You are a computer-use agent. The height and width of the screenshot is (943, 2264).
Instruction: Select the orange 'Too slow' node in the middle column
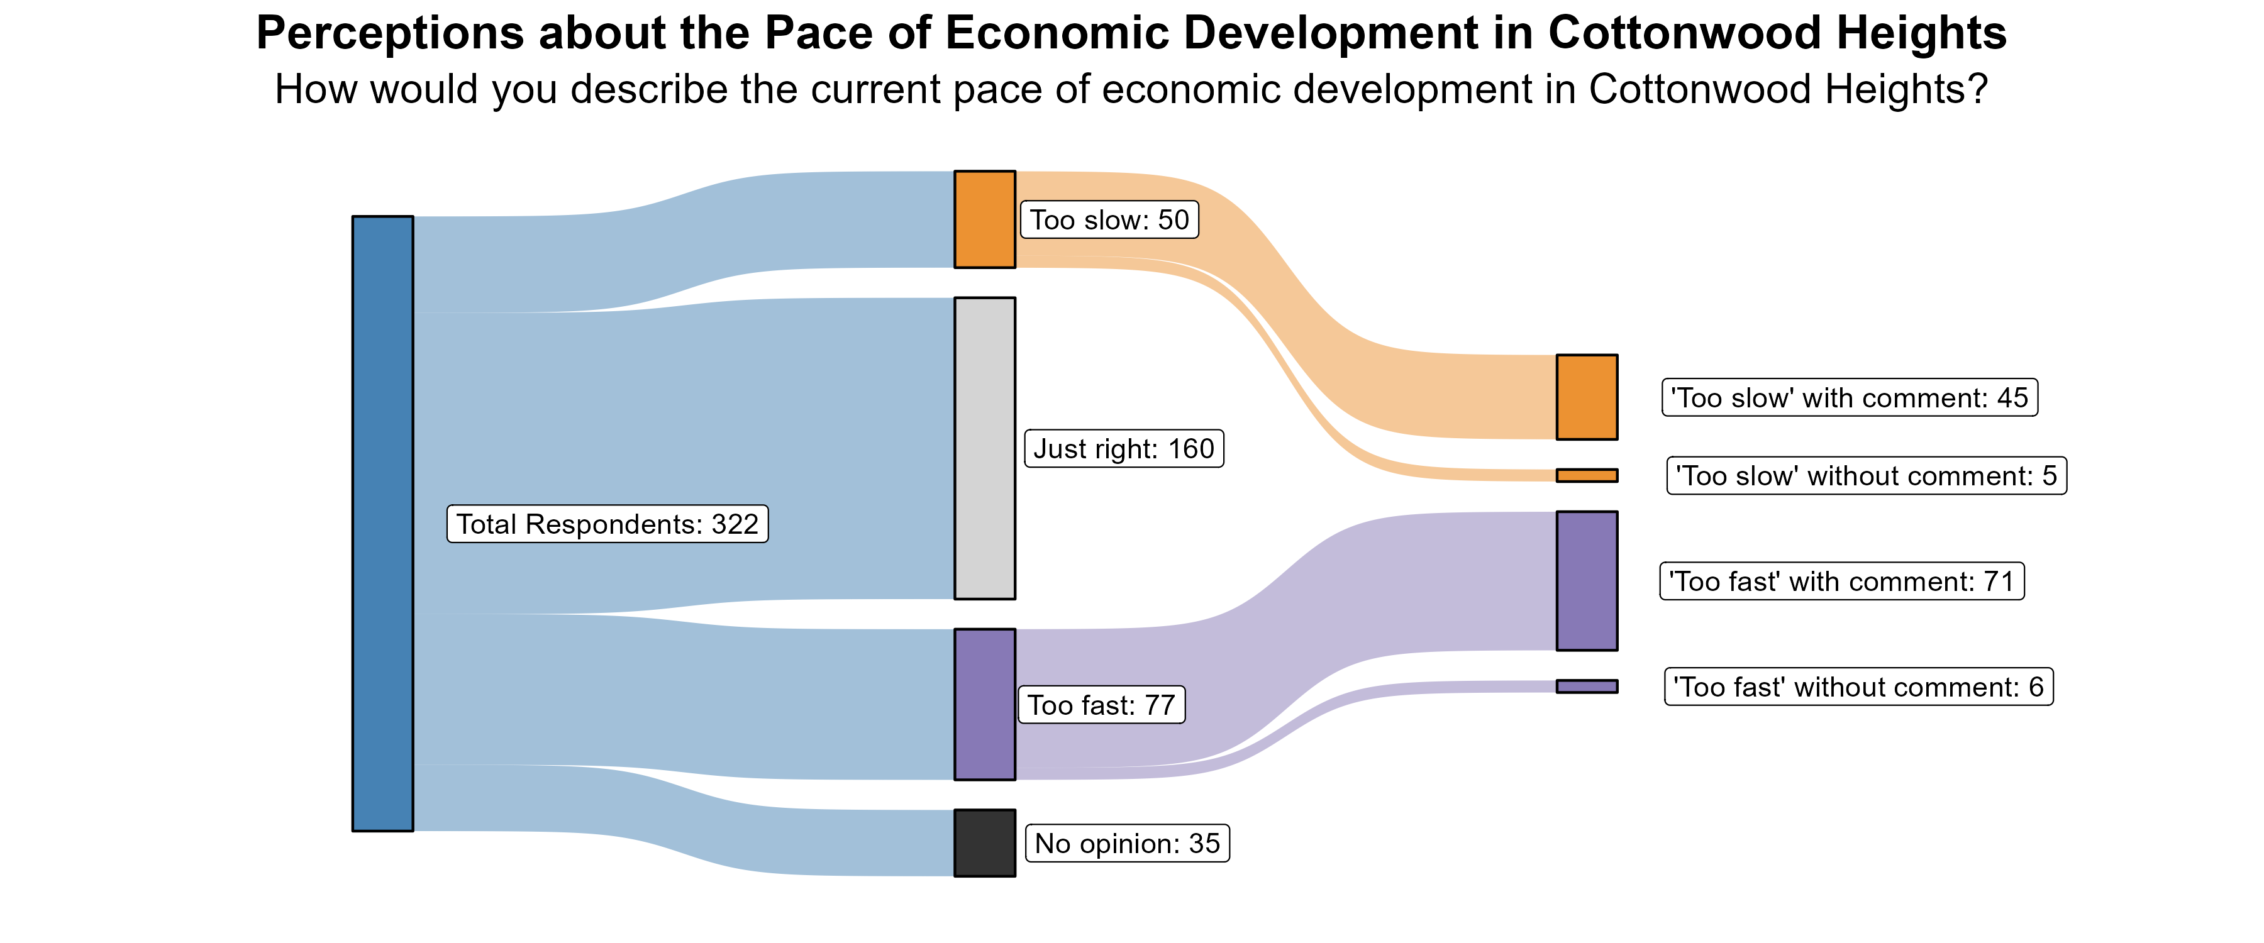coord(984,219)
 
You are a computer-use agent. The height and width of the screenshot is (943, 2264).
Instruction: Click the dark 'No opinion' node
coord(984,843)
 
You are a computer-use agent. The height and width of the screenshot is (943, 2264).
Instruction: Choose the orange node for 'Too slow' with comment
coord(1587,397)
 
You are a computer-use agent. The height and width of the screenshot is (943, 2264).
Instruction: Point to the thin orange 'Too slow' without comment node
coord(1587,475)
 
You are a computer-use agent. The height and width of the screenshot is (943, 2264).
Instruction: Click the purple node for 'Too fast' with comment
coord(1587,581)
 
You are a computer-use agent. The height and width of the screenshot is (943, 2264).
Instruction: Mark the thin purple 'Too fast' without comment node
coord(1587,687)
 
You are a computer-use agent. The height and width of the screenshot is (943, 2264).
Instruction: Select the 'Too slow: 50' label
coord(1109,219)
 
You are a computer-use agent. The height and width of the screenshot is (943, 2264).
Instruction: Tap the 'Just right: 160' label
coord(1124,449)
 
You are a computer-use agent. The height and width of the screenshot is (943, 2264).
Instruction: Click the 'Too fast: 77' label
coord(1101,705)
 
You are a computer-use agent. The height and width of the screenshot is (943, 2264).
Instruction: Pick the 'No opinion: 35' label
coord(1128,844)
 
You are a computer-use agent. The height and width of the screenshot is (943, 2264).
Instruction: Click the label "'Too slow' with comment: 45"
coord(1849,398)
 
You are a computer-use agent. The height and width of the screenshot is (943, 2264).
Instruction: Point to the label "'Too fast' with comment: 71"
coord(1841,582)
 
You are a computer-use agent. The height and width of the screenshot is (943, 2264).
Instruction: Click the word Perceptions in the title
coord(389,33)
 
